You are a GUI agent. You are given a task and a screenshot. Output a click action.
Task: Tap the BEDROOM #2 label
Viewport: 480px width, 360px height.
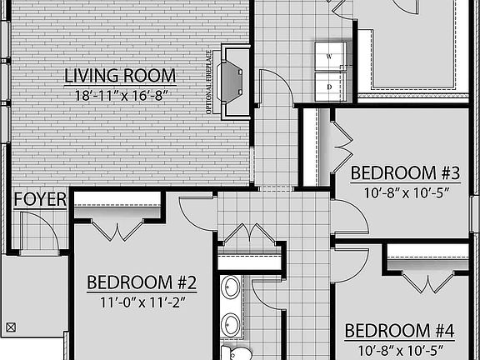click(x=142, y=282)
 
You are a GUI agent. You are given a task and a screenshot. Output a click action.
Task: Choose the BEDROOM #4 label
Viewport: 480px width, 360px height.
click(x=399, y=331)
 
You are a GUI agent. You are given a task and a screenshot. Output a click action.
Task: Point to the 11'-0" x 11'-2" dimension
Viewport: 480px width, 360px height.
click(x=142, y=302)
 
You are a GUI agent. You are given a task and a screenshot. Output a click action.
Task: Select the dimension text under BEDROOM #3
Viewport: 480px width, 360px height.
click(x=405, y=192)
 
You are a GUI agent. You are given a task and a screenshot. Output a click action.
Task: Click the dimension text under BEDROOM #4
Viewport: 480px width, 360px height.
click(x=399, y=349)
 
